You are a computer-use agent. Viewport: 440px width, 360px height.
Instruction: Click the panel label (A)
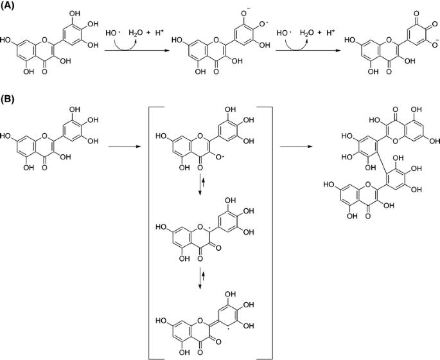pos(10,6)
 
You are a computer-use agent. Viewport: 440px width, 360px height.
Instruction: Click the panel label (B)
pos(10,101)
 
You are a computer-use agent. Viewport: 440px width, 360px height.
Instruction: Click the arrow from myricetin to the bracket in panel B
pos(122,147)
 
